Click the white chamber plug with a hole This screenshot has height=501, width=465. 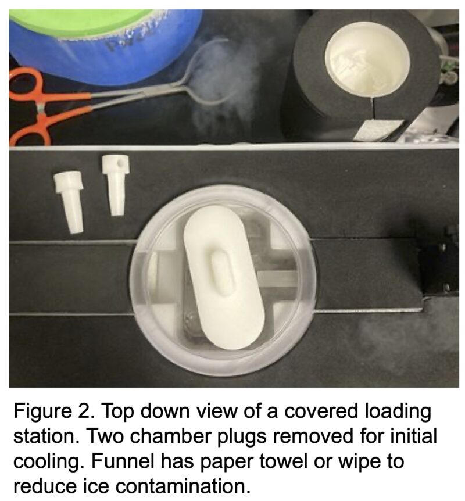click(115, 184)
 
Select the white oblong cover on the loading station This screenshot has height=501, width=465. click(224, 277)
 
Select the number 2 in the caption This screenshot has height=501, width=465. click(85, 411)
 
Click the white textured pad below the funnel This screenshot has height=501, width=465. click(377, 130)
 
